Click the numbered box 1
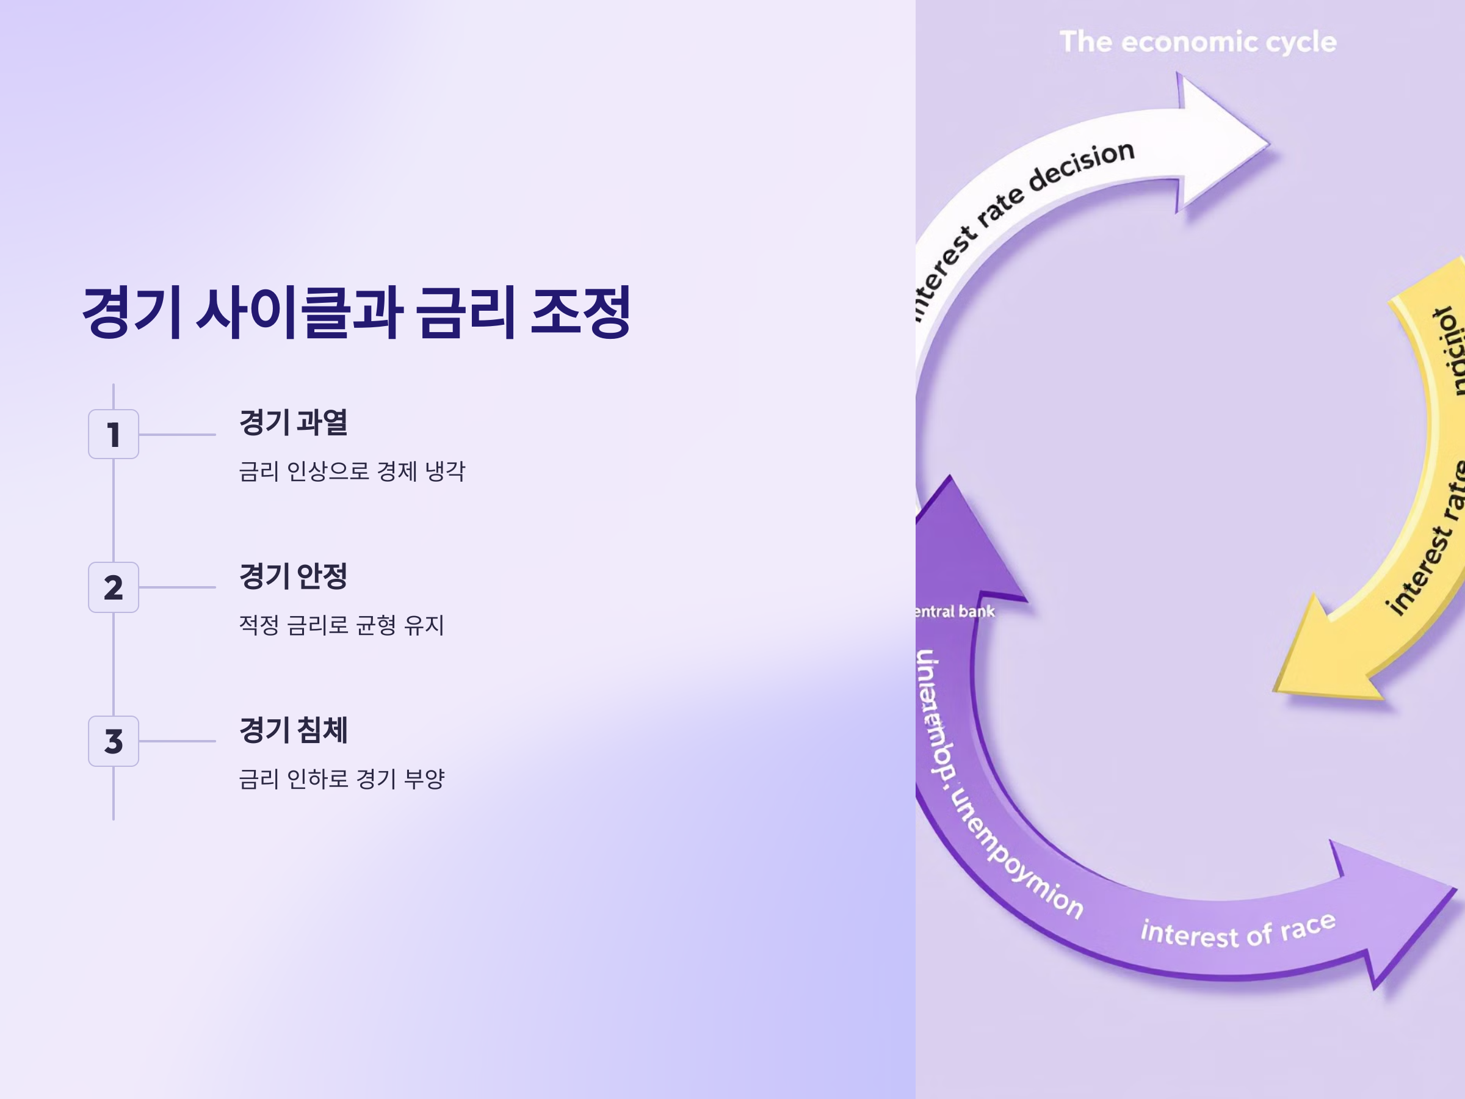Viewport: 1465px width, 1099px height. click(114, 434)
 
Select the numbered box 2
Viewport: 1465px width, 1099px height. click(114, 587)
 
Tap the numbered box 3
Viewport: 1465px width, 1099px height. click(114, 741)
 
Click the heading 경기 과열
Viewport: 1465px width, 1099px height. click(293, 422)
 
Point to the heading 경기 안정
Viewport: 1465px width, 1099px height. click(293, 575)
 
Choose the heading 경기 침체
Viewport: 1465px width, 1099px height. click(293, 730)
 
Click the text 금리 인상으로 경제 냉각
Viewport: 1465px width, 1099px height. click(352, 471)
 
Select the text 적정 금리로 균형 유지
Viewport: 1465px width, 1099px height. click(341, 624)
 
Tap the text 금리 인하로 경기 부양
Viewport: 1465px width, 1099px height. click(341, 778)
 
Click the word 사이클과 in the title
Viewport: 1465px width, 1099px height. click(299, 312)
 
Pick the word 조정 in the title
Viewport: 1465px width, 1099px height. click(581, 312)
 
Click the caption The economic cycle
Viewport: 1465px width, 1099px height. click(1198, 42)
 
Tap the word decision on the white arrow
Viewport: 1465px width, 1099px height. click(1082, 165)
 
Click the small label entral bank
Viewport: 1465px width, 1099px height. click(955, 611)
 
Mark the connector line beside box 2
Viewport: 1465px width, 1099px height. click(177, 587)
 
